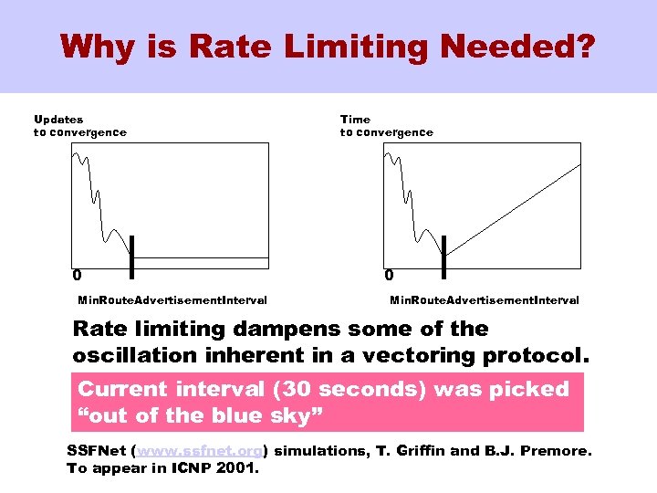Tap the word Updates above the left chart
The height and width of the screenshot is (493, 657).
58,119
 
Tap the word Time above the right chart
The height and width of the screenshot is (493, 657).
355,119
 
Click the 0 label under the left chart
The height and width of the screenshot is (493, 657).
77,274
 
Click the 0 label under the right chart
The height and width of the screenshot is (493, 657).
389,274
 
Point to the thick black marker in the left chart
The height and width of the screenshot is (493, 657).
131,256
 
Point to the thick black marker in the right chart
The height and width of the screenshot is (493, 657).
443,256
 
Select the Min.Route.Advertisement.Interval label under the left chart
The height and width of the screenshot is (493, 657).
172,299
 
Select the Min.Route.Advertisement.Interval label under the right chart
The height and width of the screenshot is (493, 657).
484,299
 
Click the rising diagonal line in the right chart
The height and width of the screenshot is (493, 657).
520,205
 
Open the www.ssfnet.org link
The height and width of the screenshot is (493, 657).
200,451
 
